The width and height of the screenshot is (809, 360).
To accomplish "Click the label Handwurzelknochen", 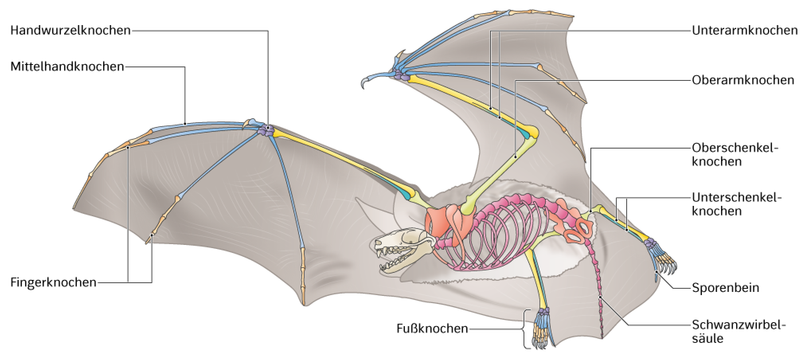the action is [70, 30].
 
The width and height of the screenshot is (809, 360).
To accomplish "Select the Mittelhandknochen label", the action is [67, 67].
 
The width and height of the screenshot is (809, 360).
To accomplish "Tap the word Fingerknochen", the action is [53, 282].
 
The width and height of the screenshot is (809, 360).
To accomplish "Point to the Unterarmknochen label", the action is [745, 30].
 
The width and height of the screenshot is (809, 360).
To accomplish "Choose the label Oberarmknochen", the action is [743, 80].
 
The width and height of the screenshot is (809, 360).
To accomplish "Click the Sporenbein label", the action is [725, 288].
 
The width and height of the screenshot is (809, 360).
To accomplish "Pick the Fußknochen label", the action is [432, 329].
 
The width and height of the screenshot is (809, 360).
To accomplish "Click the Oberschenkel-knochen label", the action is [735, 155].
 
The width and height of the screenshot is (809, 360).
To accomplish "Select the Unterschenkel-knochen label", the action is [737, 204].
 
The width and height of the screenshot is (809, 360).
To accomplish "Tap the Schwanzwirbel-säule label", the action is [739, 331].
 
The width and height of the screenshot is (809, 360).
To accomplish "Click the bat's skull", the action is [404, 250].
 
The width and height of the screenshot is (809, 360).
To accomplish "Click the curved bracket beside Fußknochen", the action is [525, 329].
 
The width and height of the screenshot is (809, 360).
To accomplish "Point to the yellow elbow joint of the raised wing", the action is [532, 132].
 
